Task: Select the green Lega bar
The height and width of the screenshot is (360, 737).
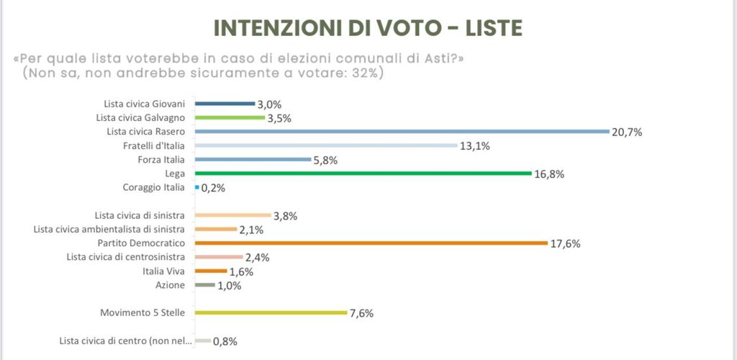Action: (363, 174)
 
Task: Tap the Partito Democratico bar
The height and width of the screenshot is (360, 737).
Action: (371, 243)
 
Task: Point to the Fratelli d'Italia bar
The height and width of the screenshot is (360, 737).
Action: (326, 145)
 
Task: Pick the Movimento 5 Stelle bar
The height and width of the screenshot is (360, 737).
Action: (271, 312)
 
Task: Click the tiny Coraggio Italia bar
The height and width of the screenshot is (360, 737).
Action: (196, 187)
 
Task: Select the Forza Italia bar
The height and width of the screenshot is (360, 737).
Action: (253, 159)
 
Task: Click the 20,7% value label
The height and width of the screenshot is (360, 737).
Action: (627, 132)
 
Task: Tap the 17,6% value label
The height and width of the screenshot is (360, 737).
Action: (566, 244)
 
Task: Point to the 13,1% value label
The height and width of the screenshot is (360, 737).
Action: (476, 146)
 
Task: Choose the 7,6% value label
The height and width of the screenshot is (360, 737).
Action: (361, 313)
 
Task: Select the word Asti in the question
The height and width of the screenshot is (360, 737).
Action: (431, 58)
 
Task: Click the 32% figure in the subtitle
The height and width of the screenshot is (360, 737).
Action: (366, 73)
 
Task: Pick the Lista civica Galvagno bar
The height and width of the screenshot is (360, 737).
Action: (230, 117)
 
